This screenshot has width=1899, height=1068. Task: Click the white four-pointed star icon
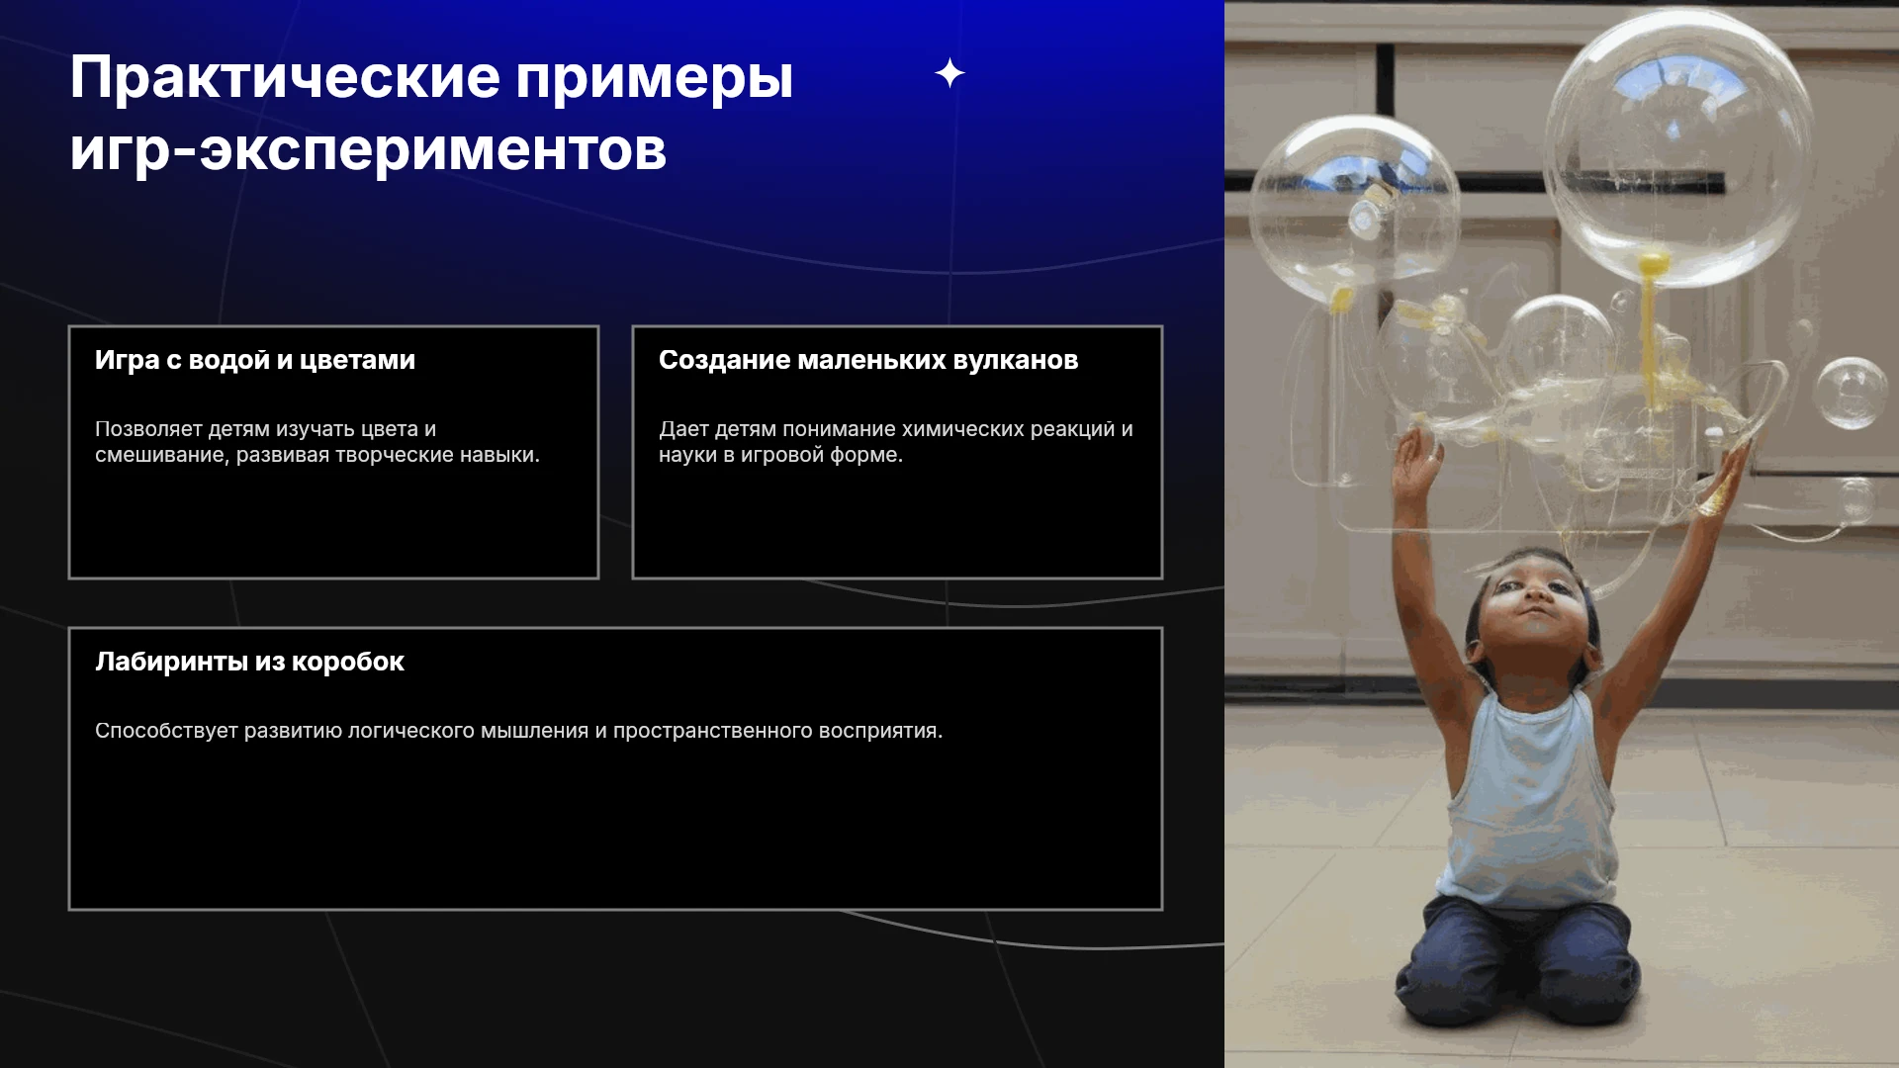(x=949, y=73)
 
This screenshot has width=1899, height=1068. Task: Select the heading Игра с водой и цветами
(x=255, y=360)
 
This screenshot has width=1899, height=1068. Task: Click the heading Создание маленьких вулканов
(x=868, y=360)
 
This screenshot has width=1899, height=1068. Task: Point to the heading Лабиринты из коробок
(x=249, y=662)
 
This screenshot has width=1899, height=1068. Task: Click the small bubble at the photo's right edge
(x=1851, y=393)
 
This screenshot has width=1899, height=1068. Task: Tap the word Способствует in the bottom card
(x=166, y=731)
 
